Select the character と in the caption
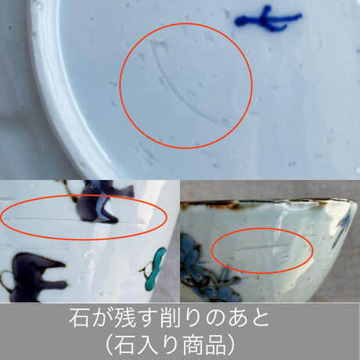click(258, 319)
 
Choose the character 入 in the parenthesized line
click(147, 345)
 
